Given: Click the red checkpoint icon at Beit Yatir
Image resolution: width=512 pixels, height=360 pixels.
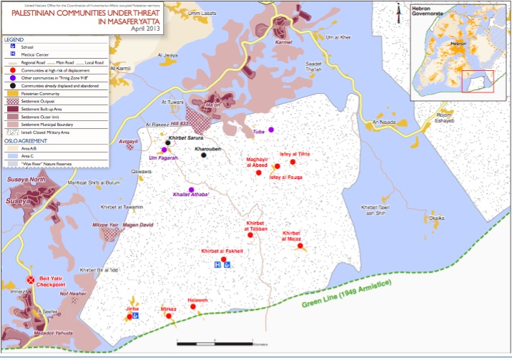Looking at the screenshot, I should coord(30,280).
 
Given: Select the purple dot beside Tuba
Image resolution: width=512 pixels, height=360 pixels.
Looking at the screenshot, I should coord(271,130).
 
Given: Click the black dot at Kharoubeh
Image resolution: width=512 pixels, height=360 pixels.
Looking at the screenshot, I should coord(204,155).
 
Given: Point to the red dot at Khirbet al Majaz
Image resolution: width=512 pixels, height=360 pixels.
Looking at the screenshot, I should coord(300,245).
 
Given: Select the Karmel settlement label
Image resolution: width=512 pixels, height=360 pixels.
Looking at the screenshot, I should coord(285,43).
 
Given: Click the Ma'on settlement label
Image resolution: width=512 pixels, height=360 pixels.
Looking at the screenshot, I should coord(212,106).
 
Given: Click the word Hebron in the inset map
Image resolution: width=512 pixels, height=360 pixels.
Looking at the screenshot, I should coord(458,44).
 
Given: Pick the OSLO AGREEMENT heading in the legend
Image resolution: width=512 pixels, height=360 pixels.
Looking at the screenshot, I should coord(27,141).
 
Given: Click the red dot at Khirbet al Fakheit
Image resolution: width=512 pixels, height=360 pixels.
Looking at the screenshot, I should coord(223,259).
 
